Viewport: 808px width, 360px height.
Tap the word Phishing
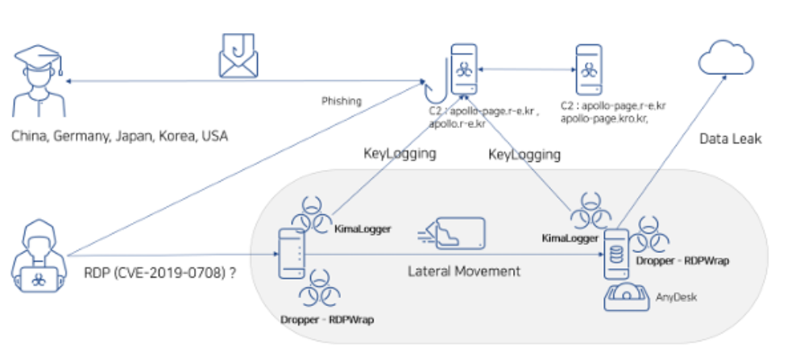[x=342, y=101]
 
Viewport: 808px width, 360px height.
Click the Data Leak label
[x=730, y=139]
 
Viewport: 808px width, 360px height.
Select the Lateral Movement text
[x=463, y=271]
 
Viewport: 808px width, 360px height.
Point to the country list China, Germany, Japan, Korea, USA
[x=119, y=136]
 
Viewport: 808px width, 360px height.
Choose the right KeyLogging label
[x=524, y=153]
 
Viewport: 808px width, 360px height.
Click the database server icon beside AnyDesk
[x=615, y=254]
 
